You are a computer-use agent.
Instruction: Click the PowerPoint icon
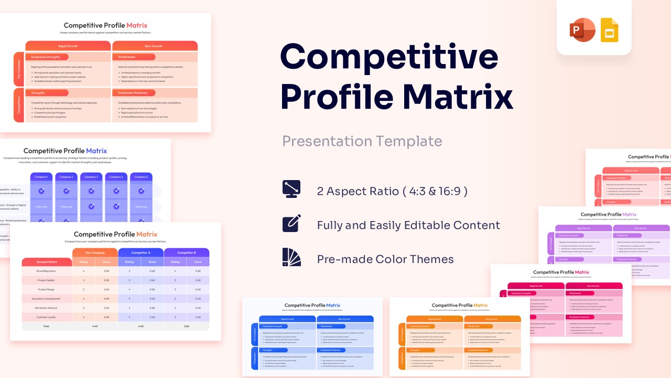click(582, 30)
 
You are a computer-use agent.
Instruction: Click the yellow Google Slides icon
click(609, 30)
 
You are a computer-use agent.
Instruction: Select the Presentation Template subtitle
click(362, 141)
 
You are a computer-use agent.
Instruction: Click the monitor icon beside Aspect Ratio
click(291, 190)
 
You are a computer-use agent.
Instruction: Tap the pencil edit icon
click(291, 224)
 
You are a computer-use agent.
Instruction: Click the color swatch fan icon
click(291, 258)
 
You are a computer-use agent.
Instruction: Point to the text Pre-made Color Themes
click(385, 259)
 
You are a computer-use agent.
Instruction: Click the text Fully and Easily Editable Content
click(408, 225)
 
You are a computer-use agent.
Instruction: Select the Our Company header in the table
click(95, 253)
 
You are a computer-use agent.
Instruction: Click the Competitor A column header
click(140, 253)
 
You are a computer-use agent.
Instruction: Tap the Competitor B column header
click(186, 253)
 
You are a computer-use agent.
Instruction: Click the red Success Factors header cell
click(47, 261)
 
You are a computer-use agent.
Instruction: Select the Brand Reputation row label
click(47, 271)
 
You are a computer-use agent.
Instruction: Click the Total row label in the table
click(46, 326)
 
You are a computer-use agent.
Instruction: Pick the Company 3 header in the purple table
click(91, 177)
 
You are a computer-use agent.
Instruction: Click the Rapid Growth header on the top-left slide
click(68, 46)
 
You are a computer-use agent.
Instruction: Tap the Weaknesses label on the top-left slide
click(127, 57)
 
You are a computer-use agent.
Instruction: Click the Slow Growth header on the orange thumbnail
click(492, 319)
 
